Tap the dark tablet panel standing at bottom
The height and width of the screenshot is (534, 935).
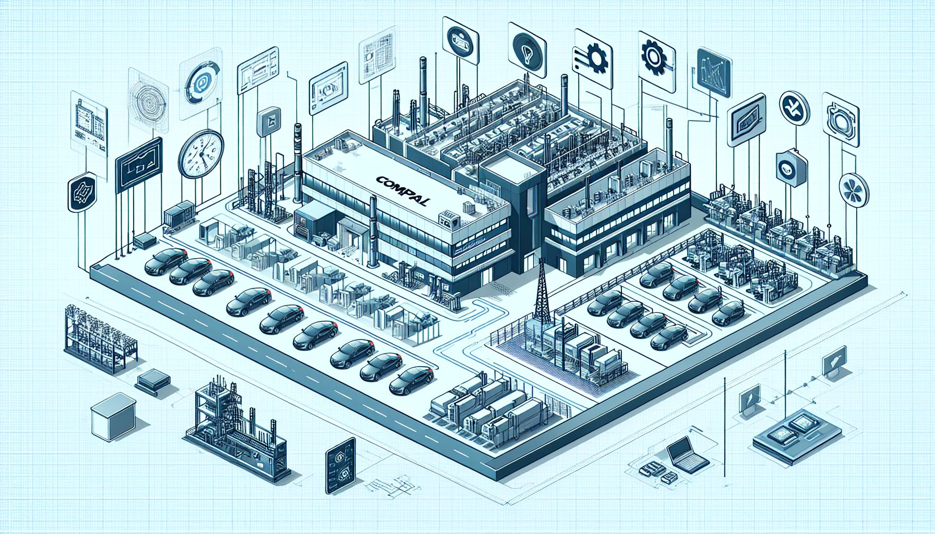tap(340, 466)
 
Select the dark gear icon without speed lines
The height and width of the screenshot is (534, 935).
tap(653, 54)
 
